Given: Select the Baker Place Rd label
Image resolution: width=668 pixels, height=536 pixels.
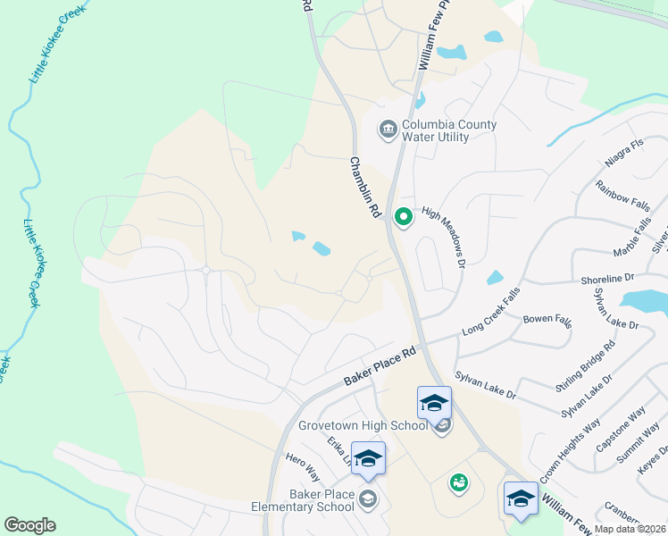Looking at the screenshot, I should (381, 367).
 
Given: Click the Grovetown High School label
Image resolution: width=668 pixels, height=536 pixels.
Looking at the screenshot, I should (363, 425).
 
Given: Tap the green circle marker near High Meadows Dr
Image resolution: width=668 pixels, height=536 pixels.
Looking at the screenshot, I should (404, 217).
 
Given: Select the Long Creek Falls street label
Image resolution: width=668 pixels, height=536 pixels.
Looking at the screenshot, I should (491, 313).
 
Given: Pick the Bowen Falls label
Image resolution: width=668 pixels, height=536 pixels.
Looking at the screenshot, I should (547, 320).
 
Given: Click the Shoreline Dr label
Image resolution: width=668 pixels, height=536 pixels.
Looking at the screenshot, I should (606, 280).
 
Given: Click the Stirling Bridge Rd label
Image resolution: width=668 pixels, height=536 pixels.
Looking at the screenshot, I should (585, 365).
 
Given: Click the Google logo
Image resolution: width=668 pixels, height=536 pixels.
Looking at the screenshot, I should (29, 525).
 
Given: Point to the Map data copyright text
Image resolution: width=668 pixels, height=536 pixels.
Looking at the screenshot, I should (630, 529).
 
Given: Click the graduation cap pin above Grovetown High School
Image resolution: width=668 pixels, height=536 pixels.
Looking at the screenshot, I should (434, 404).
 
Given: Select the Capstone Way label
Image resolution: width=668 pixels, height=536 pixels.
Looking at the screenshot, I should (621, 432).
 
